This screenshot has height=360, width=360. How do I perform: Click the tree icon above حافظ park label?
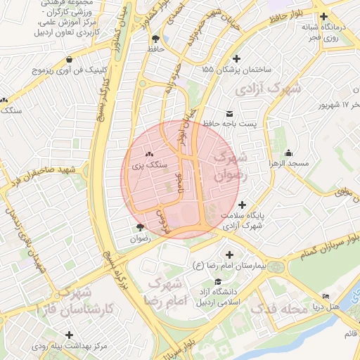tap(155, 39)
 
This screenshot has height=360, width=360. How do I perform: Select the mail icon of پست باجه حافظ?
tap(229, 113)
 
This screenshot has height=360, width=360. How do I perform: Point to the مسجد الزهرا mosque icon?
tap(288, 153)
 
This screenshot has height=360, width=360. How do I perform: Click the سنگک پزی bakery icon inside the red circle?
tap(148, 153)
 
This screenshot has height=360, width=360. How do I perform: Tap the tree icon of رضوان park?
tap(140, 227)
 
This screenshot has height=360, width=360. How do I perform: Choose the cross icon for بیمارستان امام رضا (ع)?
tap(229, 255)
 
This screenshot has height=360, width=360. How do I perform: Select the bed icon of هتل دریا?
tap(325, 297)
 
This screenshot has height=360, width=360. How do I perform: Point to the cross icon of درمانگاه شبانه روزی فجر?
tap(323, 17)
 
